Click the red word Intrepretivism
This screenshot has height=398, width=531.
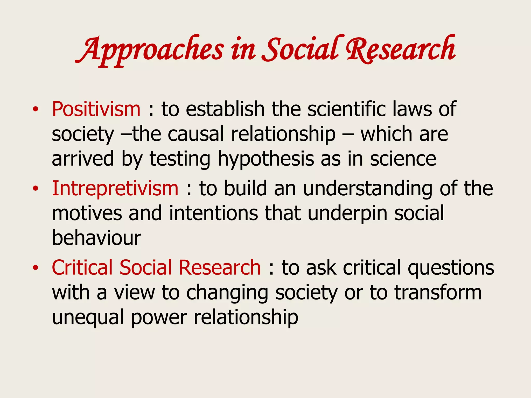pos(115,188)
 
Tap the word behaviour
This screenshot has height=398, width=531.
pos(96,238)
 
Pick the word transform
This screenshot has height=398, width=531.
pos(438,292)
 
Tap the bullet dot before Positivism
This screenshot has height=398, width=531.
pos(36,110)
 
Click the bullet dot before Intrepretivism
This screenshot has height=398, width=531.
pos(36,189)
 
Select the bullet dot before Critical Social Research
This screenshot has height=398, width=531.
pos(36,268)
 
